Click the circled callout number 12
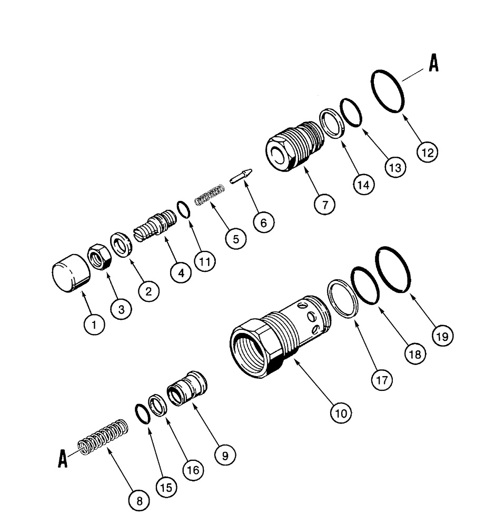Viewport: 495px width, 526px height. [x=428, y=153]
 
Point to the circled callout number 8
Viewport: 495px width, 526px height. [x=140, y=501]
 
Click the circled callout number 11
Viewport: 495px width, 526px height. [x=203, y=261]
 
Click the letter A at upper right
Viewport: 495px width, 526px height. [x=433, y=64]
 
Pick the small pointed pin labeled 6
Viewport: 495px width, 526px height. [x=241, y=176]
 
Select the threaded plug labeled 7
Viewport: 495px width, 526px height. [x=293, y=145]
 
